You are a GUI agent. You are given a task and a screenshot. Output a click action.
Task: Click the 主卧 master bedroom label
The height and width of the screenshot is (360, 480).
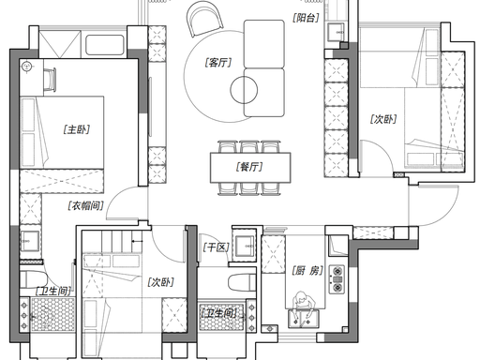click(77, 129)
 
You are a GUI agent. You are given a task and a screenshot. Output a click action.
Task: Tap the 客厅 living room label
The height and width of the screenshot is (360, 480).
click(218, 63)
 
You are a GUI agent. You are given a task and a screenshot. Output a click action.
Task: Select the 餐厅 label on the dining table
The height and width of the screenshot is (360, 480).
click(249, 167)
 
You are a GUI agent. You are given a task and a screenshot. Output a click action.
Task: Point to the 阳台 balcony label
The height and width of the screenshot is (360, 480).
click(306, 18)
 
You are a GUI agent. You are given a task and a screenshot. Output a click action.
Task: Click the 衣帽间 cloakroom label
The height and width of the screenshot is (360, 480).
click(85, 205)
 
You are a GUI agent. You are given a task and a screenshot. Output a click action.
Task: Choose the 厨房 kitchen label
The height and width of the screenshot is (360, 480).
click(307, 271)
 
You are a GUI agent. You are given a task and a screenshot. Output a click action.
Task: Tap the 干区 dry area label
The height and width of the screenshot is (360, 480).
click(217, 247)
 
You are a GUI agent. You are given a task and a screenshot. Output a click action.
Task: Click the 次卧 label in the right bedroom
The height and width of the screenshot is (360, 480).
click(383, 119)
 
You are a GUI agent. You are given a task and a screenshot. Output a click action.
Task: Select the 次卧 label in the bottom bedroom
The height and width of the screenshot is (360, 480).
click(160, 282)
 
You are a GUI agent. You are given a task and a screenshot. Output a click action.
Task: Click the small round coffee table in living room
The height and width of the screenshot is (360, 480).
click(244, 90)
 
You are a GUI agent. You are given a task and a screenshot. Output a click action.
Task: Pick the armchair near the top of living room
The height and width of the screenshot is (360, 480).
click(204, 19)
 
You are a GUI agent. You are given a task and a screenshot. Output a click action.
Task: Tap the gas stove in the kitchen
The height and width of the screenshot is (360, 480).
click(337, 279)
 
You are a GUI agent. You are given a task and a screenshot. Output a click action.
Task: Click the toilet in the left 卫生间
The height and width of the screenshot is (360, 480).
click(33, 279)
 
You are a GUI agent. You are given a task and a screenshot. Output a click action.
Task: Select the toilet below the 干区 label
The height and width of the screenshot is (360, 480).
click(243, 283)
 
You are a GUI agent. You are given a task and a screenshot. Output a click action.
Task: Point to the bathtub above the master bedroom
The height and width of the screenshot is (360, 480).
click(105, 45)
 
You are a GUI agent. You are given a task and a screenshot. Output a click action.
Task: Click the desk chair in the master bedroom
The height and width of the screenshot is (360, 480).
click(50, 80)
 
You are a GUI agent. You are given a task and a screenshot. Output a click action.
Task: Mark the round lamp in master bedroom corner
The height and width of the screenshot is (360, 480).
click(27, 67)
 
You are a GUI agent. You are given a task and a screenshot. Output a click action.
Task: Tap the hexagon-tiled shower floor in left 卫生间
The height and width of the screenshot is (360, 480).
click(52, 314)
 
